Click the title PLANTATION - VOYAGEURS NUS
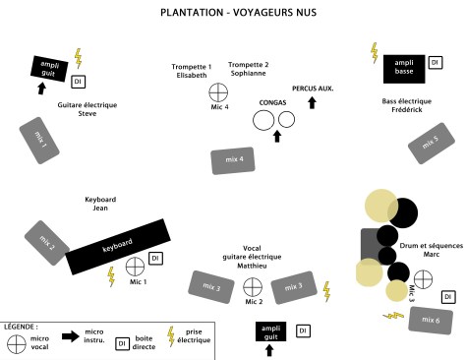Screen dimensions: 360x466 (x=232, y=14)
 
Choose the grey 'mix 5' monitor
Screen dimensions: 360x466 (x=430, y=144)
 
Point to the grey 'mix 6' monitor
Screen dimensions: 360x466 (x=430, y=320)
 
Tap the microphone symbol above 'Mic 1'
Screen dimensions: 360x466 (x=137, y=266)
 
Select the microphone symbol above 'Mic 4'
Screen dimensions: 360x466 (x=218, y=92)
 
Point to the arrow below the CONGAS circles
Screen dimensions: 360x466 (x=276, y=137)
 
